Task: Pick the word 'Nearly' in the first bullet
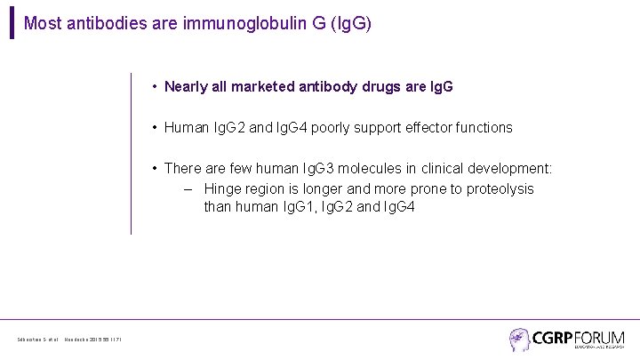coord(186,87)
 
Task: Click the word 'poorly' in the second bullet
coord(329,128)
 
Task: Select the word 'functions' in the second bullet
coord(483,128)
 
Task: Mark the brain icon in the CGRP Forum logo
coord(519,338)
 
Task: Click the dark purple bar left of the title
coord(12,23)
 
